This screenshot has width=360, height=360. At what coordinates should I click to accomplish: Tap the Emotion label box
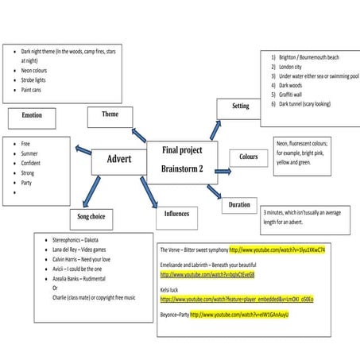point(32,115)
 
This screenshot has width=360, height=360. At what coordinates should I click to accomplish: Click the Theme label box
point(110,115)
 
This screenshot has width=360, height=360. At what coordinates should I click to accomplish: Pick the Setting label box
point(240,106)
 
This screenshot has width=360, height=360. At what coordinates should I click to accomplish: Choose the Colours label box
point(248,157)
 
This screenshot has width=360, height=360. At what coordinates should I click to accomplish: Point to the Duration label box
point(239,204)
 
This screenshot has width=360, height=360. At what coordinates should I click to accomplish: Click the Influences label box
point(176,215)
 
